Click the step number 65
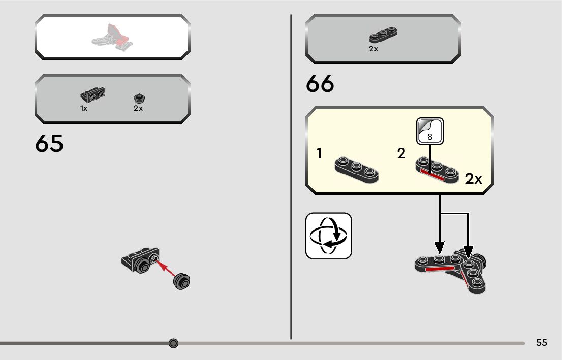click(x=49, y=144)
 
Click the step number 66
click(x=320, y=84)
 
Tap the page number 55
click(x=542, y=343)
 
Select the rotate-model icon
click(x=328, y=236)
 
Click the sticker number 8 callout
click(x=430, y=131)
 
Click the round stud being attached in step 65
click(x=182, y=280)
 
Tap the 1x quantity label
click(x=84, y=108)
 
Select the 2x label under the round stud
click(x=138, y=108)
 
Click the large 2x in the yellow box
click(x=474, y=179)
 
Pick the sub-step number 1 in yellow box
click(x=319, y=153)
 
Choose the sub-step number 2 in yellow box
click(x=401, y=153)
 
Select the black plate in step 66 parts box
click(x=383, y=35)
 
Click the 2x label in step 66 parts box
click(x=373, y=49)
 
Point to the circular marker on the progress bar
click(x=173, y=343)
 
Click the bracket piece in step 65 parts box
click(x=92, y=95)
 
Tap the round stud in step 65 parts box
click(x=138, y=97)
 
